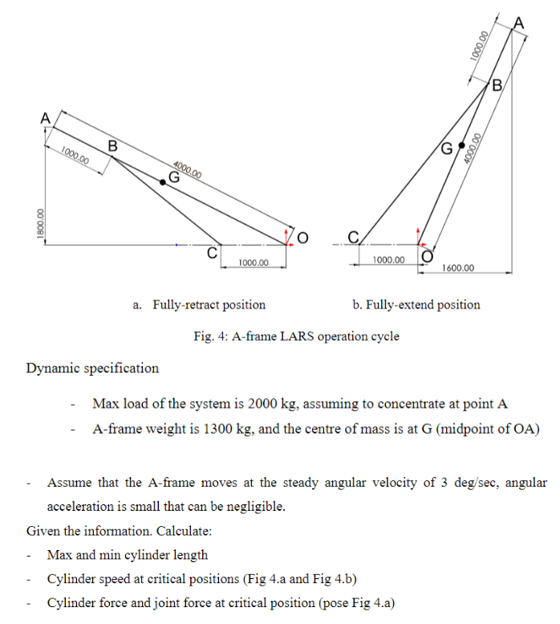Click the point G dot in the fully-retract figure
click(x=164, y=182)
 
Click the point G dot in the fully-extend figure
click(x=461, y=145)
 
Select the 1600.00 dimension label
click(x=458, y=267)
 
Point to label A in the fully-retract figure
click(x=46, y=117)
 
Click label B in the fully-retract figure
click(x=112, y=146)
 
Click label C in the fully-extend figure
click(x=353, y=236)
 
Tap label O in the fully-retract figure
click(x=302, y=237)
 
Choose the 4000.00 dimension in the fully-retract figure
click(x=186, y=169)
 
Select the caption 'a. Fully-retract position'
click(x=199, y=305)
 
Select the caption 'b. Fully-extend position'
click(x=416, y=305)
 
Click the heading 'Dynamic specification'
click(x=92, y=369)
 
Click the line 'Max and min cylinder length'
click(x=127, y=555)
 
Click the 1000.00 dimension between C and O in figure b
click(x=388, y=260)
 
